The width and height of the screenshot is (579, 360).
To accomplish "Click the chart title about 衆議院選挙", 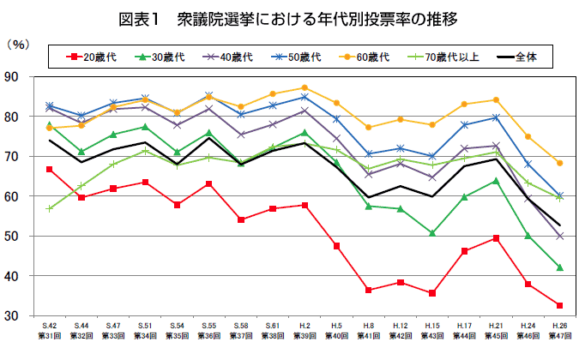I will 290,17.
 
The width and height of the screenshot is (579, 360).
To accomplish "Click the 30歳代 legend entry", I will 166,57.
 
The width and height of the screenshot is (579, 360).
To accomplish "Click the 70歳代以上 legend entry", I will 448,57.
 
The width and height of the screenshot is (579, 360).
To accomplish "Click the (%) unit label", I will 18,42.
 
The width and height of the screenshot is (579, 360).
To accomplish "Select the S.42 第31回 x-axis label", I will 51,333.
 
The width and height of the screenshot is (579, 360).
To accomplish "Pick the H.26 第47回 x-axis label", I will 559,333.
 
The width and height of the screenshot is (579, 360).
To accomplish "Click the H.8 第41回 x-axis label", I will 369,333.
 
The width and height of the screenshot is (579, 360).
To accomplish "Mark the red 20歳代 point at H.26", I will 559,305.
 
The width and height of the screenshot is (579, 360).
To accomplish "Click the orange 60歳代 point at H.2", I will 305,87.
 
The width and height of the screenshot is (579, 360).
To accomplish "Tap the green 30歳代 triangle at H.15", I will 432,233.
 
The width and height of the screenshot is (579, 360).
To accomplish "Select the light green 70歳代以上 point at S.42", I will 51,208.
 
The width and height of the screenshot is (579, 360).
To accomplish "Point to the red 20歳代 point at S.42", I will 51,169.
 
